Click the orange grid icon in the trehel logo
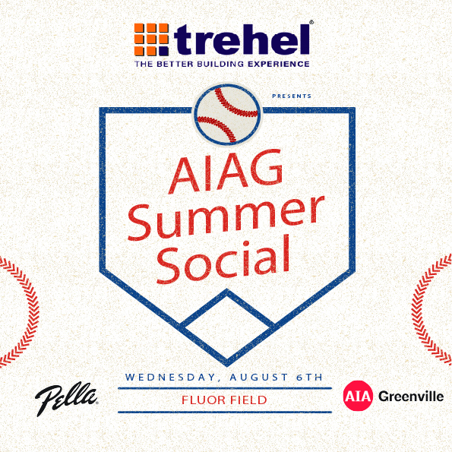pyautogui.click(x=151, y=40)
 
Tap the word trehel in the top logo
pyautogui.click(x=242, y=40)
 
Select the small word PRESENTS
pyautogui.click(x=292, y=96)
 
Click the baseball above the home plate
pyautogui.click(x=227, y=114)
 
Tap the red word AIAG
pyautogui.click(x=226, y=172)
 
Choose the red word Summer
pyautogui.click(x=226, y=218)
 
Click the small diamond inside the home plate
pyautogui.click(x=227, y=327)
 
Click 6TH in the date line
pyautogui.click(x=310, y=377)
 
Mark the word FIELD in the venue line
pyautogui.click(x=248, y=400)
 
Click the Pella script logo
pyautogui.click(x=66, y=400)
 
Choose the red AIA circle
pyautogui.click(x=358, y=396)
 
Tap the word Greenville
pyautogui.click(x=411, y=397)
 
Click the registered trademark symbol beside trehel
pyautogui.click(x=311, y=22)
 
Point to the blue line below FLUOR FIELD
pyautogui.click(x=225, y=412)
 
